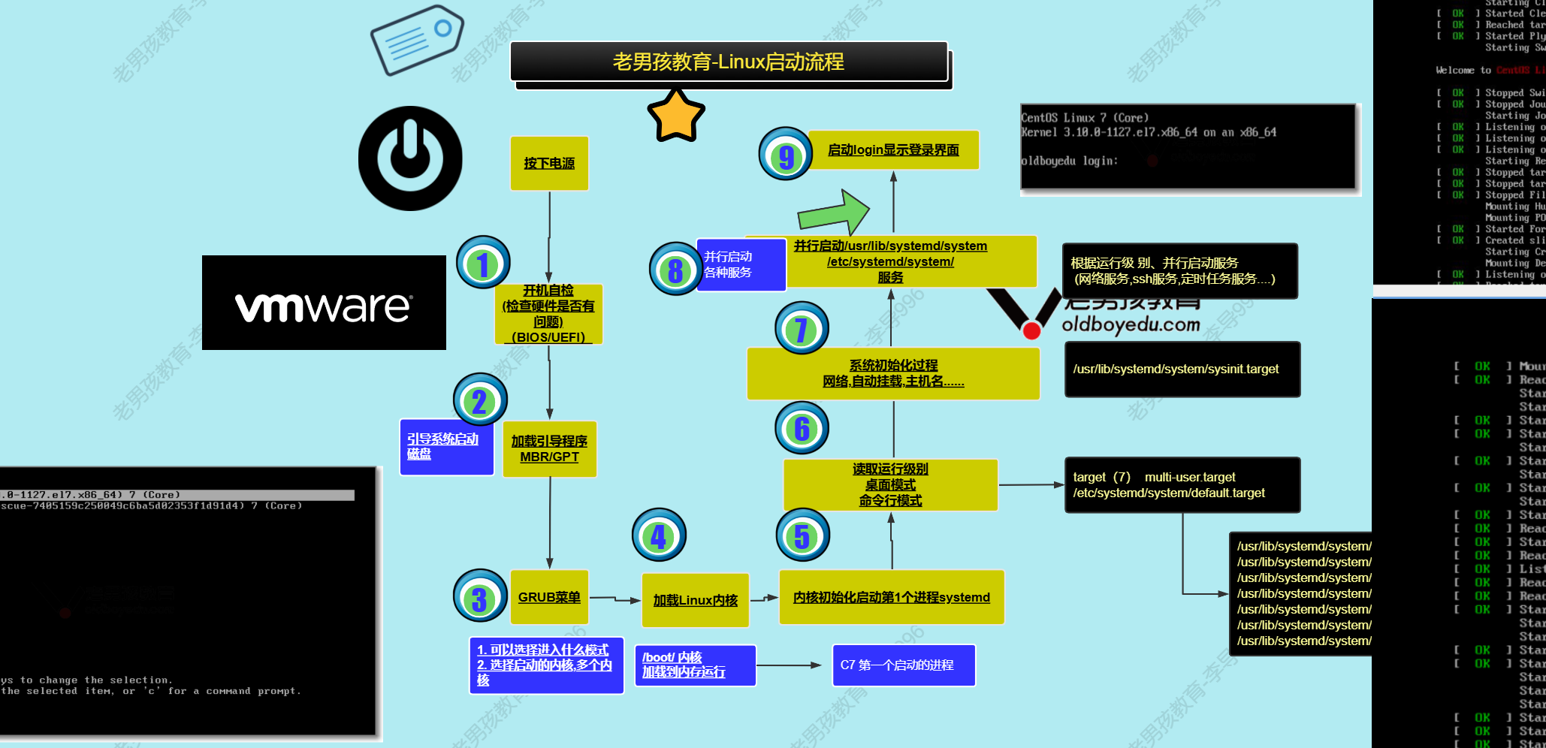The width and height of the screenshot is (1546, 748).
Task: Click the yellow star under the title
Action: (x=676, y=116)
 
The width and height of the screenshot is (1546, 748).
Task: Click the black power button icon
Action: (x=410, y=158)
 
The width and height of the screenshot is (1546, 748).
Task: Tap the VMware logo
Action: (x=324, y=303)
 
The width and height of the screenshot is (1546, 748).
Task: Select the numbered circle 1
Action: (x=483, y=263)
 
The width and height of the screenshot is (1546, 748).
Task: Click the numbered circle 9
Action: (x=786, y=155)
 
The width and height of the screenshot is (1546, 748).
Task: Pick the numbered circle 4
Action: (x=659, y=535)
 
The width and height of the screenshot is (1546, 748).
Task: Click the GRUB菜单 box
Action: (x=549, y=597)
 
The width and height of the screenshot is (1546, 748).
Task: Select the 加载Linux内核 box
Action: (x=696, y=600)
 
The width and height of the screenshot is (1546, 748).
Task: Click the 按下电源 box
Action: (x=549, y=163)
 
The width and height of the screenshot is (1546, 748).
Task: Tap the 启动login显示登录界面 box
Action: (x=893, y=149)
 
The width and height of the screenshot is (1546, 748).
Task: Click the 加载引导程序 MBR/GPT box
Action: (x=549, y=448)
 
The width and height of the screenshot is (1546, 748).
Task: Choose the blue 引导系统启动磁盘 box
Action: (x=446, y=447)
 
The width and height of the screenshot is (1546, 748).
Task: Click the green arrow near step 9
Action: (x=834, y=213)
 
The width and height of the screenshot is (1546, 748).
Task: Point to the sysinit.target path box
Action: (x=1182, y=369)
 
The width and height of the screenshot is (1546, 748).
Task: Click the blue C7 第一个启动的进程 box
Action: (x=903, y=665)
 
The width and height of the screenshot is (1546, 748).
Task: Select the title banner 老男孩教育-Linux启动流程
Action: (x=729, y=62)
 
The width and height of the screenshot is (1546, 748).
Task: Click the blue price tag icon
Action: (x=417, y=39)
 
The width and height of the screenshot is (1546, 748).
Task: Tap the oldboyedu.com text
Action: (x=1130, y=324)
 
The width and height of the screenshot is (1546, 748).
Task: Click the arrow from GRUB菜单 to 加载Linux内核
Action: (x=614, y=599)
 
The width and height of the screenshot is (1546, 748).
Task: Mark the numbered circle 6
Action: (x=802, y=428)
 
